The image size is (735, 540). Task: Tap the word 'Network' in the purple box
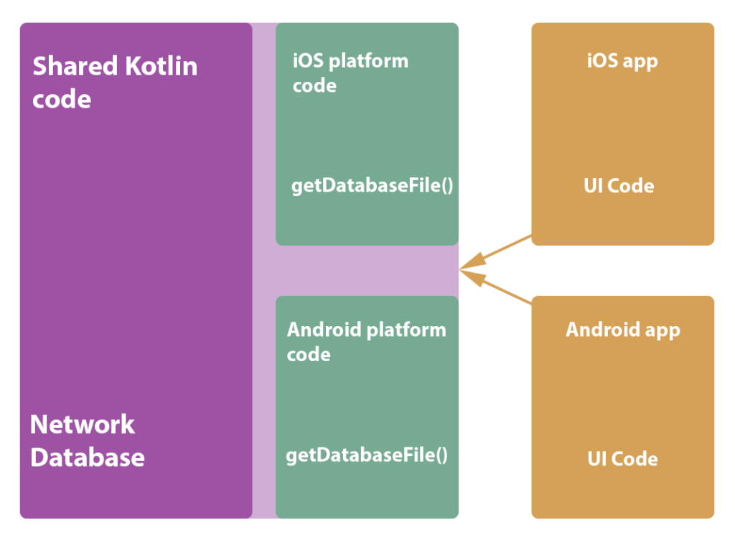click(x=82, y=424)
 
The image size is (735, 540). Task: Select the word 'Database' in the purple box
click(x=88, y=457)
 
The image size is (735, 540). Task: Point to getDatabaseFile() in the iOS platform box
click(x=372, y=186)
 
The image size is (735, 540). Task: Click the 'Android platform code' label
click(x=366, y=342)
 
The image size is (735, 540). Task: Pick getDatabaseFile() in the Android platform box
click(x=367, y=455)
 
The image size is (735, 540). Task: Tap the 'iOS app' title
click(x=622, y=61)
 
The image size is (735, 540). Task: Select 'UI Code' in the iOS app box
click(x=619, y=186)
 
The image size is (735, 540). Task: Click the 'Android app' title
click(x=622, y=330)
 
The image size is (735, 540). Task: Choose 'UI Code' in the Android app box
click(x=622, y=459)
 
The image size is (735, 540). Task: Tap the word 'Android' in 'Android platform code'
click(x=324, y=330)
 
